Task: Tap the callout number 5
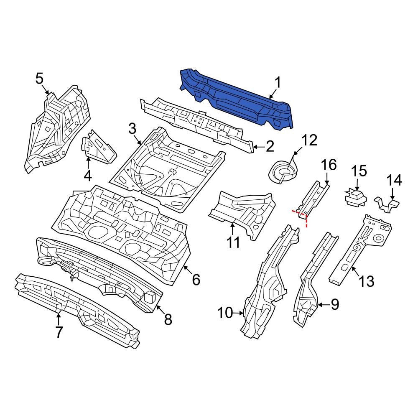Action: point(39,78)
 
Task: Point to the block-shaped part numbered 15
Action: point(355,197)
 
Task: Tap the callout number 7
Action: point(59,332)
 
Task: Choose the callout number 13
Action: point(366,281)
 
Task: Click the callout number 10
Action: point(226,312)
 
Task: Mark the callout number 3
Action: point(133,129)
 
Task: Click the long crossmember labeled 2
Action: point(196,121)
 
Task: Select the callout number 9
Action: point(335,305)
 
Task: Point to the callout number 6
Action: point(196,279)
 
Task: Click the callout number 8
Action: point(167,320)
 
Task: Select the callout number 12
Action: point(309,140)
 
